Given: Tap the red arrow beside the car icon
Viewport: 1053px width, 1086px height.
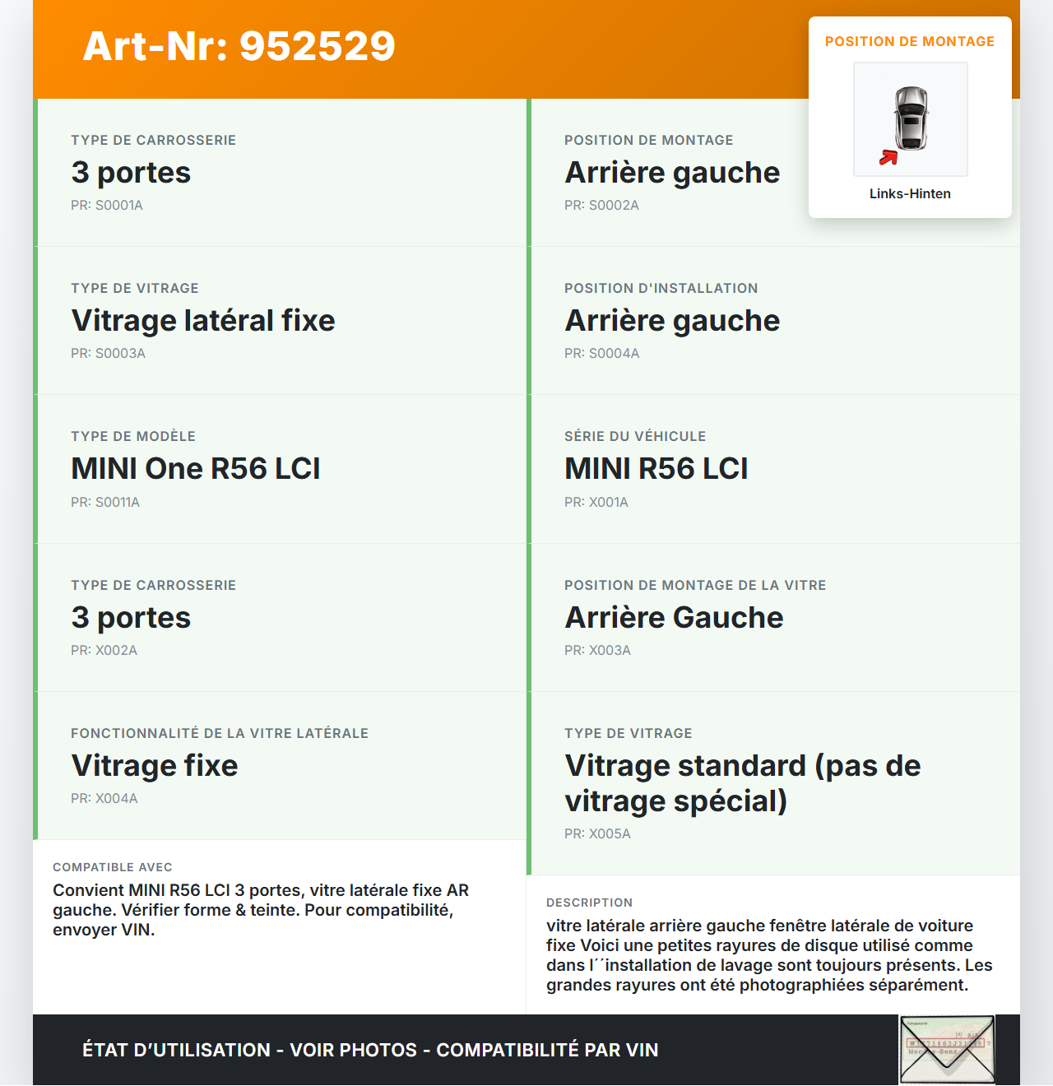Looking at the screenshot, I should pos(888,157).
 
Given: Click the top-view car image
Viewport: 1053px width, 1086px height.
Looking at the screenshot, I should pos(912,118).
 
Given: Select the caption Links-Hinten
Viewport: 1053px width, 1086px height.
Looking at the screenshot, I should pos(910,193).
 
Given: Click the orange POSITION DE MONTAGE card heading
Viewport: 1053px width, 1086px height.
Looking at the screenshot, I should pos(909,41).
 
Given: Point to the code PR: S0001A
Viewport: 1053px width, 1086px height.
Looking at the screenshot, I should pos(107,205).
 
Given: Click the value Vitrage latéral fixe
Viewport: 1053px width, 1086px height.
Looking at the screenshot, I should pos(203,320).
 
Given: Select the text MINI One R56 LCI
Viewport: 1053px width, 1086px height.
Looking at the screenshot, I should pos(196,468).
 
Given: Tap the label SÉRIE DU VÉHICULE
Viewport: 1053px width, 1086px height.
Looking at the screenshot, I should pos(635,436).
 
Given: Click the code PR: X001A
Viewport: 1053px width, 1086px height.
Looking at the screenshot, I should pos(596,502).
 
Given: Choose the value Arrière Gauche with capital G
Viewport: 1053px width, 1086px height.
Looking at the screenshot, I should pos(674,617).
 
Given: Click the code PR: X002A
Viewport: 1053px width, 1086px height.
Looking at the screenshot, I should pos(104,650).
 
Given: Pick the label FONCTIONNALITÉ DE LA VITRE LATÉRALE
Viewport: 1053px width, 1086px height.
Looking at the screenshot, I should pos(220,733).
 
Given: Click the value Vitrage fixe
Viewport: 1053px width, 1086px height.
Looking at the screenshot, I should pos(155,765).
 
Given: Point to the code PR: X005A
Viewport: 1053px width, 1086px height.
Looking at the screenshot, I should pos(597,833).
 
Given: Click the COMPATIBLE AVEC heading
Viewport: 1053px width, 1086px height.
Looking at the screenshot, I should pos(113,867).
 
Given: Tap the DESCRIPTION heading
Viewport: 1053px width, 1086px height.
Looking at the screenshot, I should pos(589,903).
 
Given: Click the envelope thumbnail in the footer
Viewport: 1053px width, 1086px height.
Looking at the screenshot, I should pos(947,1051).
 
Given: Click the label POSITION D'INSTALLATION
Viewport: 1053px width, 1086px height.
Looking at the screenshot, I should pos(661,288).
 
